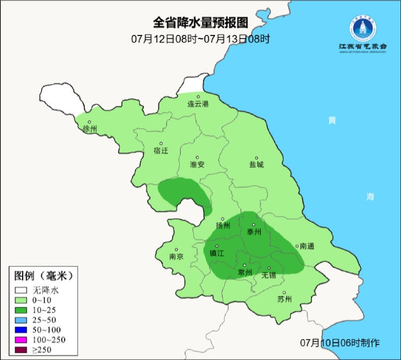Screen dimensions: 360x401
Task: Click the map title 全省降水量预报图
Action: click(x=201, y=23)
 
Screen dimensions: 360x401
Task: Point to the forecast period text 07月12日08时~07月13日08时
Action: click(x=201, y=39)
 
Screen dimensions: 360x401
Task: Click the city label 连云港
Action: click(x=198, y=104)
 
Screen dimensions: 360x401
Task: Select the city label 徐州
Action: click(x=91, y=129)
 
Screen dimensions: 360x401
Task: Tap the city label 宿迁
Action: click(x=160, y=150)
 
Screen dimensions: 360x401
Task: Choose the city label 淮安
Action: click(x=198, y=165)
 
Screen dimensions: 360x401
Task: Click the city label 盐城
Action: click(x=256, y=165)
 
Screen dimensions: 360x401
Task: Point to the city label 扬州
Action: click(x=223, y=226)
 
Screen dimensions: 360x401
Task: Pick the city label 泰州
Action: click(x=254, y=231)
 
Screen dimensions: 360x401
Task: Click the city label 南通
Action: click(x=306, y=246)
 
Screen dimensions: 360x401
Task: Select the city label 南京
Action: click(x=177, y=256)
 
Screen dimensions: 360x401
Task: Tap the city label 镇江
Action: click(x=217, y=254)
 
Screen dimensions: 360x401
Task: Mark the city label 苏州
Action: click(x=284, y=300)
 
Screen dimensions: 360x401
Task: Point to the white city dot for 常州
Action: click(x=245, y=265)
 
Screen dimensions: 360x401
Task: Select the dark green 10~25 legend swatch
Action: click(x=22, y=310)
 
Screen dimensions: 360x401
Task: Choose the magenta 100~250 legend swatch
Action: click(x=22, y=340)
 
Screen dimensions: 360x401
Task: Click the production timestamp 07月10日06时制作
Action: click(x=340, y=343)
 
